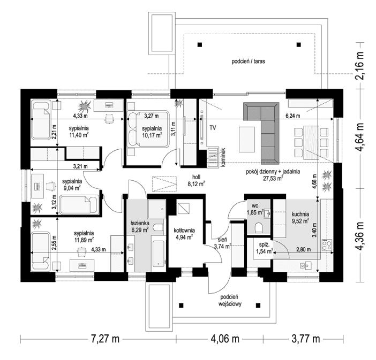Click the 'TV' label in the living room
click(x=213, y=128)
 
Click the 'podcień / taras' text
click(x=248, y=62)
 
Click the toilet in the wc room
click(x=259, y=227)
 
